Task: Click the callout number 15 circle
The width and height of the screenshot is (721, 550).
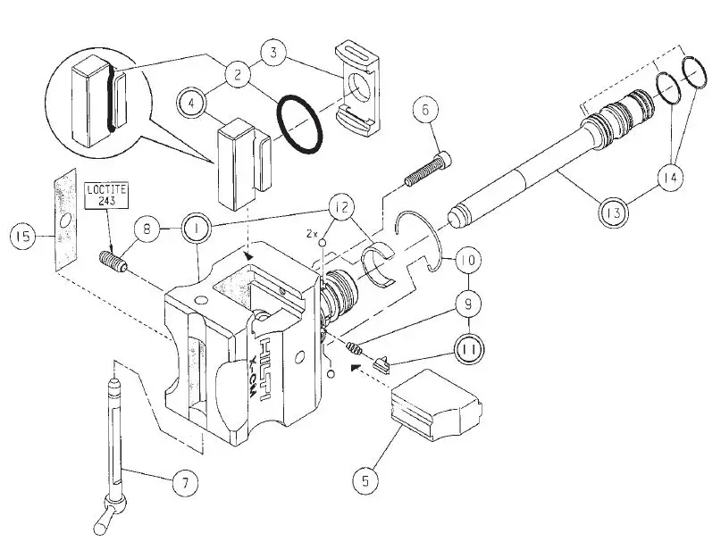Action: click(x=23, y=237)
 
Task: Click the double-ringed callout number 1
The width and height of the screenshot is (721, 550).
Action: click(x=196, y=229)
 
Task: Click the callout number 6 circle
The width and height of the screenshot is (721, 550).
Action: click(x=424, y=110)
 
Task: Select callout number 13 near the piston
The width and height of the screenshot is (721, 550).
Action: click(x=614, y=214)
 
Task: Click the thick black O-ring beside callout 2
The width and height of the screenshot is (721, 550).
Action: click(x=299, y=124)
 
